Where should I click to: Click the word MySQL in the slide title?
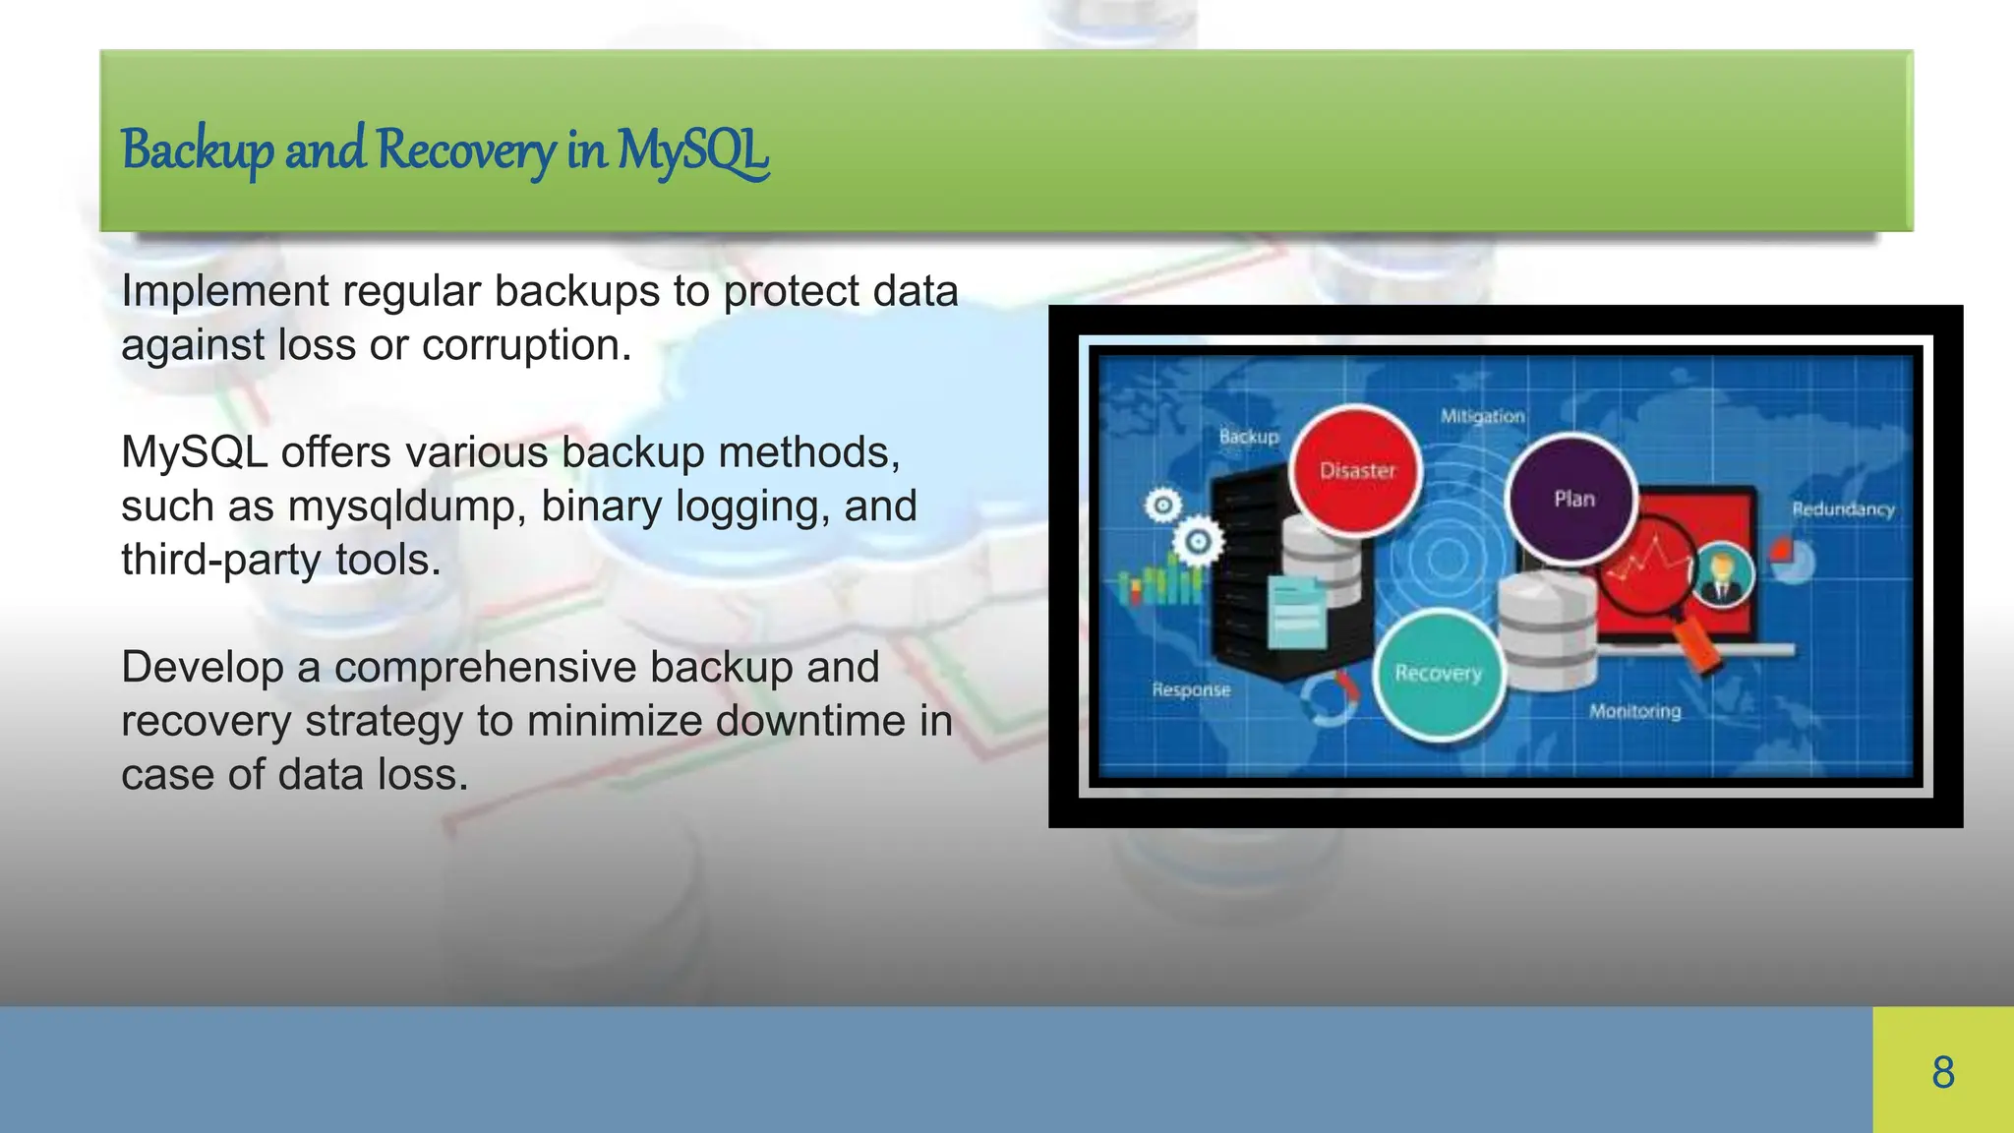coord(692,151)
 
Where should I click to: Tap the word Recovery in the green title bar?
coord(465,151)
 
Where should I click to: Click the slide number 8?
coord(1942,1072)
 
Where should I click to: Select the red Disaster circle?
coord(1357,471)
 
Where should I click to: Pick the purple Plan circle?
coord(1573,499)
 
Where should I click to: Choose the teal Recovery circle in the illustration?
coord(1438,674)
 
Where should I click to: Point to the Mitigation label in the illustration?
coord(1482,416)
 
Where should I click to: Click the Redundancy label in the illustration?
coord(1842,509)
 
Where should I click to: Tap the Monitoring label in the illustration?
coord(1634,711)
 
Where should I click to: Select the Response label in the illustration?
coord(1191,689)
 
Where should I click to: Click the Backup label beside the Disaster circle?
coord(1248,436)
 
